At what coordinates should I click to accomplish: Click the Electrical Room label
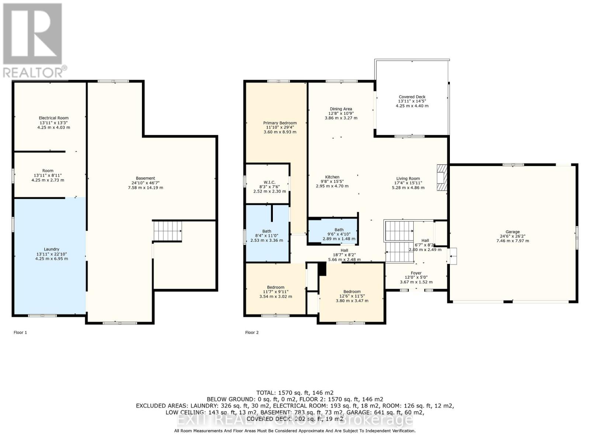[x=54, y=118]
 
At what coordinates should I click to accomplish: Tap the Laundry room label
[x=52, y=249]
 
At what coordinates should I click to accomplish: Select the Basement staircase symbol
[x=167, y=231]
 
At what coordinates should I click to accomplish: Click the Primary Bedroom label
[x=280, y=123]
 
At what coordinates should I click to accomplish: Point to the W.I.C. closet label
[x=269, y=182]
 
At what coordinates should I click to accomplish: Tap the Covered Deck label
[x=412, y=97]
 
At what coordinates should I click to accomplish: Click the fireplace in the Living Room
[x=441, y=178]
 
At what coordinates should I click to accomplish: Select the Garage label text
[x=513, y=232]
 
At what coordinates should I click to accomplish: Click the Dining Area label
[x=341, y=109]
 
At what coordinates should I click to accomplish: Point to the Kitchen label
[x=332, y=177]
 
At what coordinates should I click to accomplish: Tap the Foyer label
[x=416, y=273]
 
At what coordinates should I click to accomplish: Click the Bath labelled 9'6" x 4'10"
[x=339, y=230]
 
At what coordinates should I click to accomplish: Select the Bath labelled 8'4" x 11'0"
[x=267, y=231]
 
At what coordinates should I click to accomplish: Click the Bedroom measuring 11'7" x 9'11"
[x=276, y=287]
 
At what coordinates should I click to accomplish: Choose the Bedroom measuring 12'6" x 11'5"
[x=352, y=292]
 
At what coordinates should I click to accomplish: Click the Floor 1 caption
[x=20, y=333]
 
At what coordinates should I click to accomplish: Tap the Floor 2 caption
[x=252, y=333]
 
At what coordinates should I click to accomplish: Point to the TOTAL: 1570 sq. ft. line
[x=295, y=393]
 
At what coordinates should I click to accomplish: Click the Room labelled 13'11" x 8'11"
[x=48, y=171]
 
